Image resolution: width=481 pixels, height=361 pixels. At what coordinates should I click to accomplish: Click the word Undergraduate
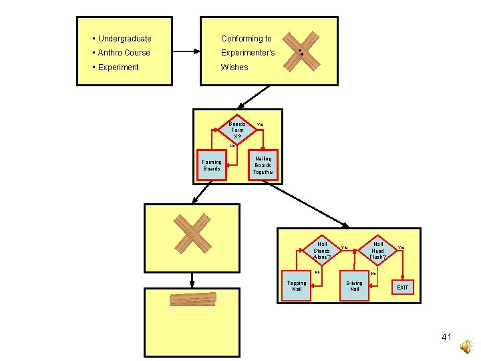125,39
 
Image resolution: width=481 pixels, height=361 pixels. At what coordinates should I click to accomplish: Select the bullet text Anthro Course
124,53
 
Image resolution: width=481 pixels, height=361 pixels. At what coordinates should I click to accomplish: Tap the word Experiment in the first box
118,68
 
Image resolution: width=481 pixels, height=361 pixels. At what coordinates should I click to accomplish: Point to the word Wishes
234,68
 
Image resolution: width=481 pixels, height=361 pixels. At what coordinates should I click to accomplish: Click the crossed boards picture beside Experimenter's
300,51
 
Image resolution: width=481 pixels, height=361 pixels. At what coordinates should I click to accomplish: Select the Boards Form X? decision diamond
237,130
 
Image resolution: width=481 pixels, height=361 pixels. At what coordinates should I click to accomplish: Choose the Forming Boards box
212,165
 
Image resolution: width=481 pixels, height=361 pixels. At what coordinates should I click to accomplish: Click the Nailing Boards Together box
263,165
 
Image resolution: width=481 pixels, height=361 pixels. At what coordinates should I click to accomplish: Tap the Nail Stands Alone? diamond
322,251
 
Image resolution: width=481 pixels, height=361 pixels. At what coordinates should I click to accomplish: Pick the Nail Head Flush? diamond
377,251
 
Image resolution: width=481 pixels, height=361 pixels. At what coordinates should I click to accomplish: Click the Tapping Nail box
297,285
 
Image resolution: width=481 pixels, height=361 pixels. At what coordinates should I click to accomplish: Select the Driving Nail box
354,285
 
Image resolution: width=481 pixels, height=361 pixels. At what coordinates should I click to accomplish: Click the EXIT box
403,287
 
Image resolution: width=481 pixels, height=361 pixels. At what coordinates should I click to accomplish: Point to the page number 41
446,337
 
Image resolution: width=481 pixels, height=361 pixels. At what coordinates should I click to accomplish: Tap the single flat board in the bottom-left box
193,299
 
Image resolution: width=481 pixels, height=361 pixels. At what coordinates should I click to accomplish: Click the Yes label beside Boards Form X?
261,124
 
